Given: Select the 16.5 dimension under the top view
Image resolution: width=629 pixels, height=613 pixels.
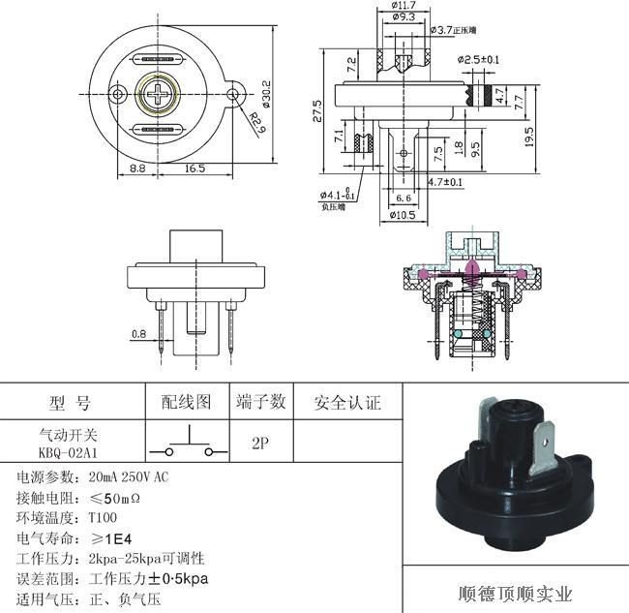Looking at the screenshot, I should [195, 169].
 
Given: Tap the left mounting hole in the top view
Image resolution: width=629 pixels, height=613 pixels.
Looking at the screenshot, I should [117, 94].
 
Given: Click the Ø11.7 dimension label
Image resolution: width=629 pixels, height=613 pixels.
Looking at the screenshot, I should [404, 6].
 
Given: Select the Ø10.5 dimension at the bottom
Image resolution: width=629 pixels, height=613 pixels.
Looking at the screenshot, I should [404, 215].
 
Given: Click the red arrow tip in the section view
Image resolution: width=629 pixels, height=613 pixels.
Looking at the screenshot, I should [470, 263].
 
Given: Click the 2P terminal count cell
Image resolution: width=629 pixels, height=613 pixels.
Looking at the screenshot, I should [259, 443].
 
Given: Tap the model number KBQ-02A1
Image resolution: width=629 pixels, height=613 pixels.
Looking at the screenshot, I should [68, 451].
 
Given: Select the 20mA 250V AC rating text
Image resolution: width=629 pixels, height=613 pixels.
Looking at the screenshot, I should [128, 477].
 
